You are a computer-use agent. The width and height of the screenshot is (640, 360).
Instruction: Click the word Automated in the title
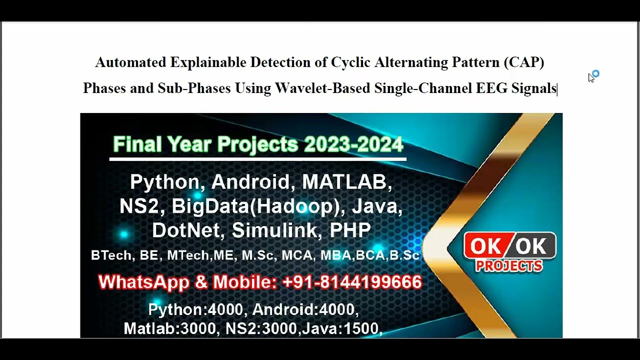pos(130,62)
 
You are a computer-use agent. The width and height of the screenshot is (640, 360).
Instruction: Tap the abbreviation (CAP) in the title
pos(524,62)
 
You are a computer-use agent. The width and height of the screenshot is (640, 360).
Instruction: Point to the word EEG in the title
pos(491,88)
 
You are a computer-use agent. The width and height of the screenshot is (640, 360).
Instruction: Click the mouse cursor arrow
pos(591,78)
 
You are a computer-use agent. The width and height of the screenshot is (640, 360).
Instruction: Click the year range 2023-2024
pos(353,145)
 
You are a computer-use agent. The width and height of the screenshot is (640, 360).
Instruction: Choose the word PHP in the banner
pos(350,230)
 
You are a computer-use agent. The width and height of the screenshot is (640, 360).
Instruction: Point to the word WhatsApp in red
pos(143,282)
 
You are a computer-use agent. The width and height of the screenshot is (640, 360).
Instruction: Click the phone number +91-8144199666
pos(352,282)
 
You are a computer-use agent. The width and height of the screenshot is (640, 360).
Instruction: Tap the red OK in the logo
pos(485,246)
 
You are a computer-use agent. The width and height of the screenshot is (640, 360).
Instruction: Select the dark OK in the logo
pos(531,246)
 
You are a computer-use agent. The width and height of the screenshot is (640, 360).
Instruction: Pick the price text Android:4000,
pos(305,310)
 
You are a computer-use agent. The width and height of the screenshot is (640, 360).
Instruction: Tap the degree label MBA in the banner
pos(335,255)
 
